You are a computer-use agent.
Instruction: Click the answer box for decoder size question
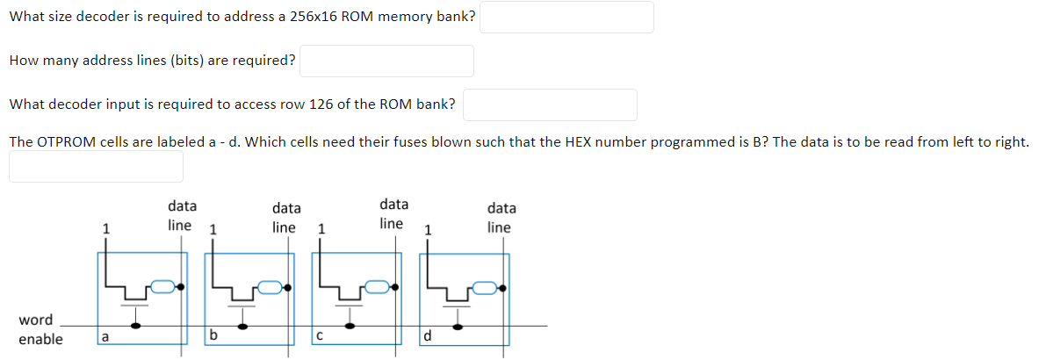566,18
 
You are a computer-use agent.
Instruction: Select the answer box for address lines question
386,61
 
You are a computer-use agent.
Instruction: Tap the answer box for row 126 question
550,104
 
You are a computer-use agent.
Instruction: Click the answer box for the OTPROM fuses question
97,166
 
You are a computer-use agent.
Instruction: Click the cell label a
105,335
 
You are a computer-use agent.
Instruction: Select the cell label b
213,335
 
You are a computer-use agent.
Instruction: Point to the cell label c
321,335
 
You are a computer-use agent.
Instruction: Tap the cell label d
428,335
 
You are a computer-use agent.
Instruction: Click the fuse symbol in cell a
162,286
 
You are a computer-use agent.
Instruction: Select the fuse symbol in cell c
378,286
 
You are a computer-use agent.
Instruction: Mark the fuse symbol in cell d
486,286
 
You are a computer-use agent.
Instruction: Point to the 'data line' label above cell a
181,216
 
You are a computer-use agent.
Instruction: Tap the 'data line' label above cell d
501,218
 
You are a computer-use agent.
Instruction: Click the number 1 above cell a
106,228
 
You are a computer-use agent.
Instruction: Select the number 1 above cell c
321,230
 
